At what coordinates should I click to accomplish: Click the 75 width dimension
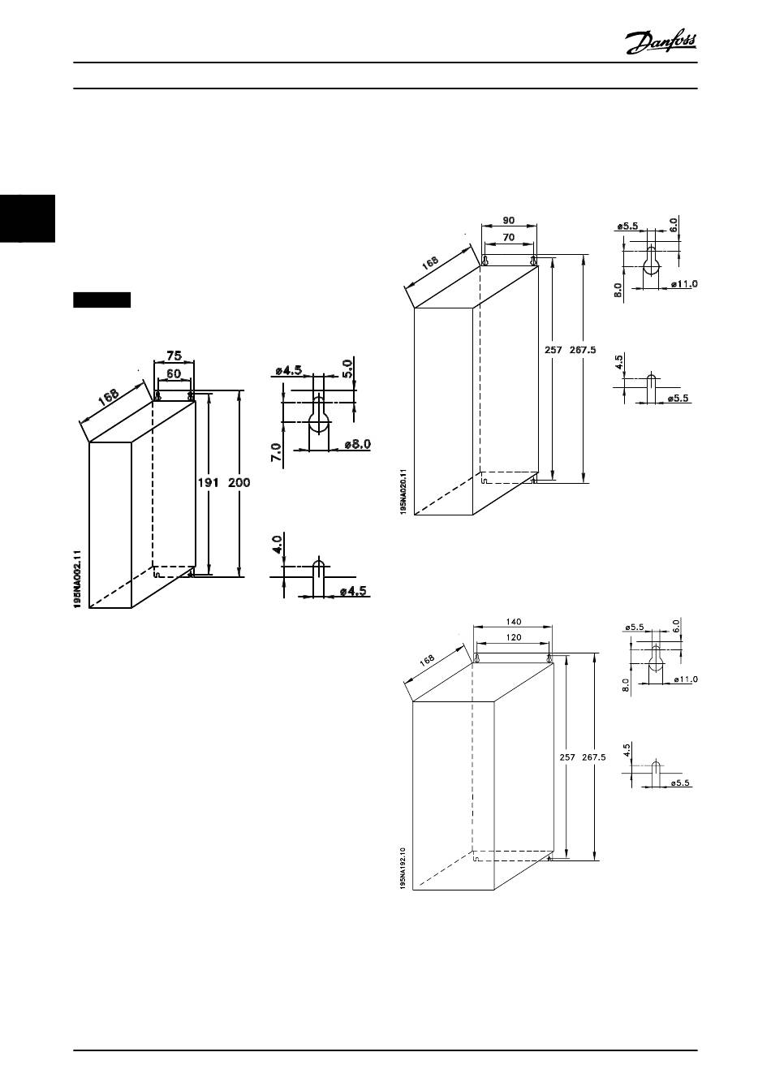coord(174,356)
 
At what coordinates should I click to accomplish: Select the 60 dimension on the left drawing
coord(174,373)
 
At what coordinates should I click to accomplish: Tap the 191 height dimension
coord(209,482)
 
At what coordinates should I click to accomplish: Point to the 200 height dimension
coord(239,482)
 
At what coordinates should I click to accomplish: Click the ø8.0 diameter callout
coord(356,444)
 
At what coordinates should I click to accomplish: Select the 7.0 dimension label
coord(277,453)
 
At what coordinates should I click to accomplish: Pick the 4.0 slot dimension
coord(277,543)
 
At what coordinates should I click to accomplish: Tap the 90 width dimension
coord(508,220)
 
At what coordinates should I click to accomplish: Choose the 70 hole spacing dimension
coord(508,238)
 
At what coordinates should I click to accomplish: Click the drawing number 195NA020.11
coord(403,494)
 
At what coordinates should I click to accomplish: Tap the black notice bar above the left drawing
coord(101,300)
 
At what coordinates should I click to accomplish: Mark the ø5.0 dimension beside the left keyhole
coord(347,369)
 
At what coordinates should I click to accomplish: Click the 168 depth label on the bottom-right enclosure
coord(428,662)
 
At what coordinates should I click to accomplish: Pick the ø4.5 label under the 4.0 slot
coord(354,591)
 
